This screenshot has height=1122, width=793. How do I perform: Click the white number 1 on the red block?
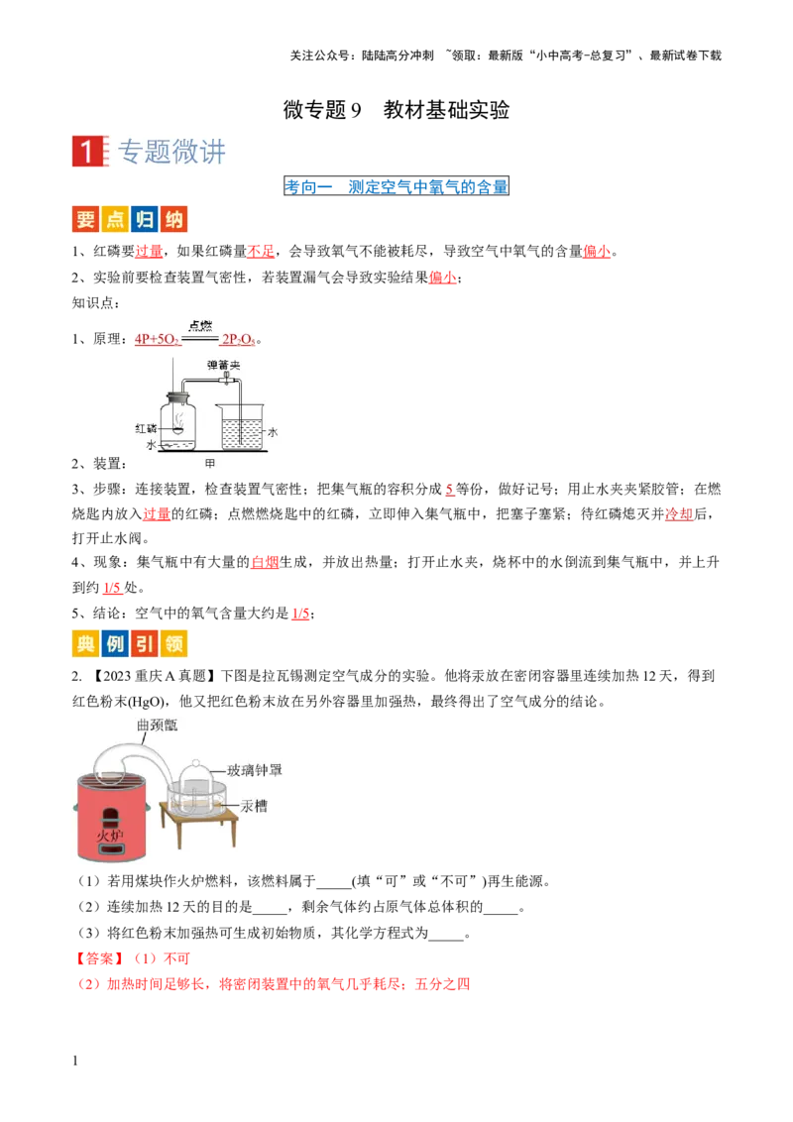pyautogui.click(x=87, y=151)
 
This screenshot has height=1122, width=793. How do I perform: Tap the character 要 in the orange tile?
pyautogui.click(x=85, y=220)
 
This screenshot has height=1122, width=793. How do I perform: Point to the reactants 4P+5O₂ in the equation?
pyautogui.click(x=157, y=339)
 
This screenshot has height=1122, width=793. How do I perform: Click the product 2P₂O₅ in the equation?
pyautogui.click(x=238, y=339)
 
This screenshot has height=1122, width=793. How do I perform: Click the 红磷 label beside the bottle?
pyautogui.click(x=145, y=428)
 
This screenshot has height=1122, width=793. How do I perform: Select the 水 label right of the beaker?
pyautogui.click(x=273, y=432)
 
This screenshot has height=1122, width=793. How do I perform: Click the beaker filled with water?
pyautogui.click(x=241, y=428)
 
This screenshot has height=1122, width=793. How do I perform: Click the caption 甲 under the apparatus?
pyautogui.click(x=209, y=463)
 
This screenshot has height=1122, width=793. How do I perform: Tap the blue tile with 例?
pyautogui.click(x=114, y=645)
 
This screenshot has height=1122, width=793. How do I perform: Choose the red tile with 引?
pyautogui.click(x=144, y=645)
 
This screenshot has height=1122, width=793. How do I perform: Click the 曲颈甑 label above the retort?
pyautogui.click(x=156, y=726)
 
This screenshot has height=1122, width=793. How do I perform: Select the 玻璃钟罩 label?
pyautogui.click(x=255, y=770)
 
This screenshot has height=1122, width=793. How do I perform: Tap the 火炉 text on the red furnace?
pyautogui.click(x=110, y=838)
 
